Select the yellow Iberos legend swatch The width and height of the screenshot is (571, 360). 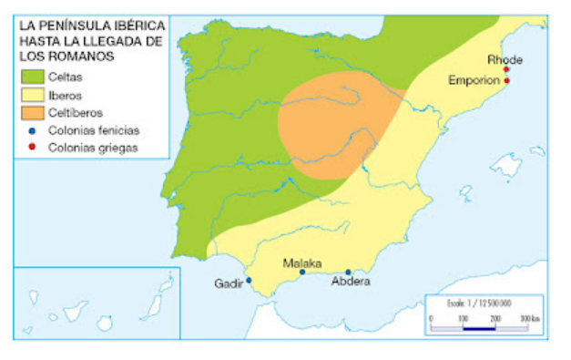[33, 95]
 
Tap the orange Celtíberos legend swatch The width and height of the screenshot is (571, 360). [33, 113]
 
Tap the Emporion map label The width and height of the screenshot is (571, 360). [474, 80]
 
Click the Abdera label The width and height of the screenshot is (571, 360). [351, 283]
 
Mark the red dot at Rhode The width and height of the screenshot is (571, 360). [506, 69]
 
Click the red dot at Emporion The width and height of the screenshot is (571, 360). [506, 81]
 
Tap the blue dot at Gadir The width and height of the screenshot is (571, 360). [249, 281]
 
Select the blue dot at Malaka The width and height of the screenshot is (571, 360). [302, 272]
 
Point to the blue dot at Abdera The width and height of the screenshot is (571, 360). [348, 272]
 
